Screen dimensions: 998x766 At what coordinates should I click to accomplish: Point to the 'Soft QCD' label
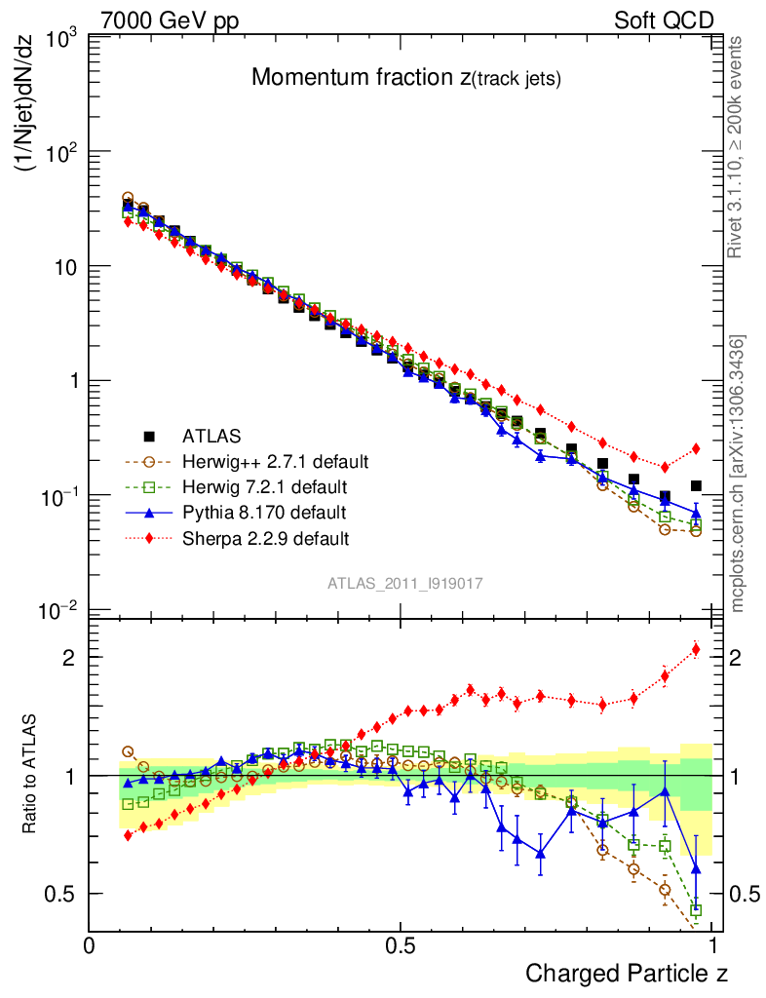[664, 20]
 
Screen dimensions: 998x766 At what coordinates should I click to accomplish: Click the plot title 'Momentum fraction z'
[405, 79]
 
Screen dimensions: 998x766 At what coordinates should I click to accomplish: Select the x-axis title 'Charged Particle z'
[627, 974]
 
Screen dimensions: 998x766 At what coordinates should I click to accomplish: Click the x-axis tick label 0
[90, 946]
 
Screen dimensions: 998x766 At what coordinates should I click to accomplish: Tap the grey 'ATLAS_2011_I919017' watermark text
[405, 583]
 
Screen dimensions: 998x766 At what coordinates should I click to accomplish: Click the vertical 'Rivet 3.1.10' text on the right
[737, 146]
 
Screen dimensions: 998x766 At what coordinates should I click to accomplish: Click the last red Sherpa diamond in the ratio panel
[696, 649]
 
